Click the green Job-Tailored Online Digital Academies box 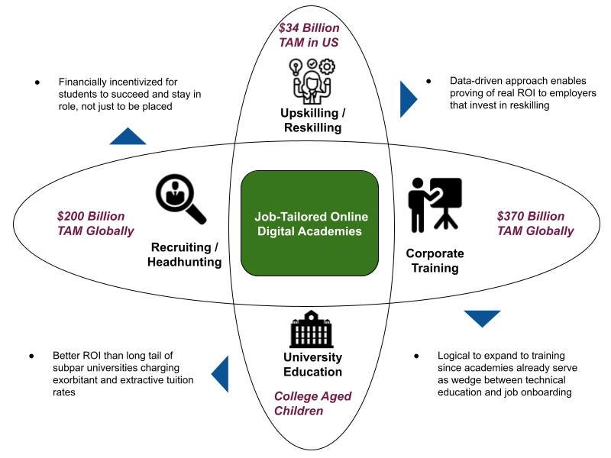click(309, 222)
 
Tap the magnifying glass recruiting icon click(180, 198)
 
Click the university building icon click(312, 329)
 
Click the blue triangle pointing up click(128, 137)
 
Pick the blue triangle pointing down click(482, 318)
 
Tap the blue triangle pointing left click(221, 374)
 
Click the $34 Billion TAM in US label click(309, 35)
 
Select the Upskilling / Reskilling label click(312, 121)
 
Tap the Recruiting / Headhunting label click(186, 254)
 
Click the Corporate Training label click(435, 260)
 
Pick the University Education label click(312, 364)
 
